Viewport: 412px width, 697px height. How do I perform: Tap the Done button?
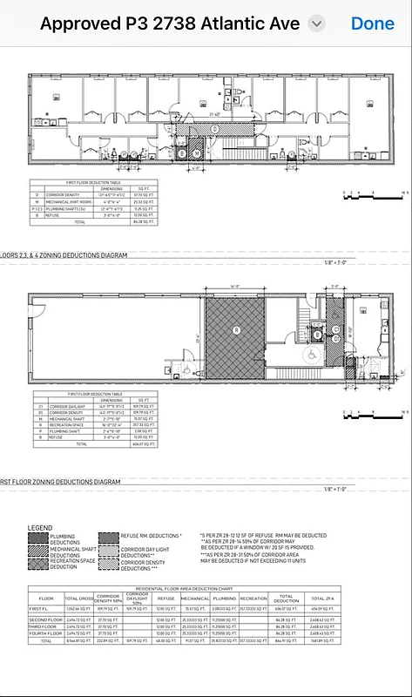372,24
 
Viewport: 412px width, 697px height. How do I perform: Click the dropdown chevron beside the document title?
317,24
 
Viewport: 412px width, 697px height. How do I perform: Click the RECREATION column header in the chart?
253,599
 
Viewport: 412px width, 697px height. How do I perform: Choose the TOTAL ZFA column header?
323,599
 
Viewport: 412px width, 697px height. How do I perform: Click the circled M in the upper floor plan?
197,153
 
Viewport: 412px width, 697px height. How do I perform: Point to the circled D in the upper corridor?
214,128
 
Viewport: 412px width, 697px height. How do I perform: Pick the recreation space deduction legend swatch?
37,565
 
